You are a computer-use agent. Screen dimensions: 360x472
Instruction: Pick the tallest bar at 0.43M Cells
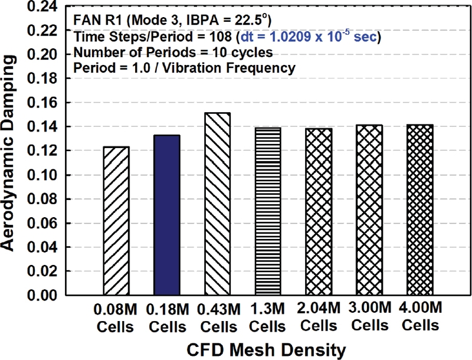tap(218, 204)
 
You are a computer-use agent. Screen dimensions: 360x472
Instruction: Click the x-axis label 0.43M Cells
tap(218, 316)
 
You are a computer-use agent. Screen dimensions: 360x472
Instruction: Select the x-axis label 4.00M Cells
tap(421, 316)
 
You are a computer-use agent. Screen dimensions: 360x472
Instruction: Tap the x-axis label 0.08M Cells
tap(116, 316)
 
